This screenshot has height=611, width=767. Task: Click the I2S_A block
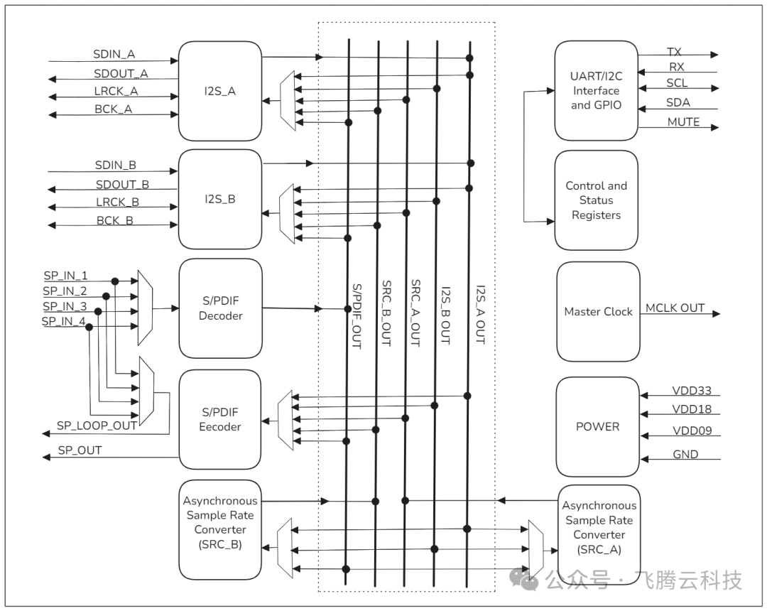click(x=220, y=91)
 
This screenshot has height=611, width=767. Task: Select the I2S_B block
click(x=220, y=199)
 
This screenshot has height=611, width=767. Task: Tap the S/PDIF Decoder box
click(x=220, y=308)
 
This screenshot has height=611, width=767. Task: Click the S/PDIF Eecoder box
click(x=220, y=419)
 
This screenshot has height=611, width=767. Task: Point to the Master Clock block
click(x=598, y=312)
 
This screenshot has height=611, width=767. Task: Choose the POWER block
click(x=597, y=427)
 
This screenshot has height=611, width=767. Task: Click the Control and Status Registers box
click(x=596, y=200)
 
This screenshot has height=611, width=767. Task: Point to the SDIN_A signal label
click(x=114, y=54)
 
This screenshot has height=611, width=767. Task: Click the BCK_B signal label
click(x=114, y=220)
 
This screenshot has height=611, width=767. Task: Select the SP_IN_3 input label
click(x=65, y=306)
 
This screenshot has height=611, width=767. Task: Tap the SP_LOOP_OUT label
click(x=97, y=426)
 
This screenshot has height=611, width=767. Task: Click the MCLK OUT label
click(x=675, y=308)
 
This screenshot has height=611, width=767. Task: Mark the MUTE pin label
click(x=683, y=122)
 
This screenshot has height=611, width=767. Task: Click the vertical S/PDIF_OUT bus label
click(x=357, y=316)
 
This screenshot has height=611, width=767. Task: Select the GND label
click(x=685, y=454)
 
